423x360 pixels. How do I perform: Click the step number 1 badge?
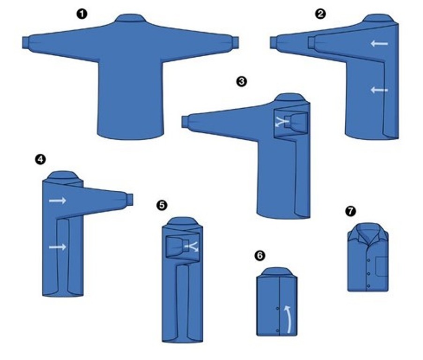[82, 14]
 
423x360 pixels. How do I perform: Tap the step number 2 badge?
[320, 14]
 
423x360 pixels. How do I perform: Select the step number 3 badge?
[241, 81]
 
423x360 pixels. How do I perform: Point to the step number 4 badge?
[40, 159]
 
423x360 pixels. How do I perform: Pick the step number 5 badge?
[162, 205]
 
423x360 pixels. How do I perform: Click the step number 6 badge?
[260, 255]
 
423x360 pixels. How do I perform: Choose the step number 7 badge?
[350, 211]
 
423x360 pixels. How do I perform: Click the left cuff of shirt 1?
[25, 43]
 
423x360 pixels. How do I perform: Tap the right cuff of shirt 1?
[235, 42]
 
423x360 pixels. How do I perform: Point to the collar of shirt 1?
[130, 18]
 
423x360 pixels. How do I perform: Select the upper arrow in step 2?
[379, 44]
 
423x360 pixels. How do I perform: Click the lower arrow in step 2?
[379, 90]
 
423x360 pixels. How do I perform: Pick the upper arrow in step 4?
[58, 201]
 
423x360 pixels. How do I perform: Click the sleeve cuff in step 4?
[129, 199]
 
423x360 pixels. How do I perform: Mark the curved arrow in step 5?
[192, 247]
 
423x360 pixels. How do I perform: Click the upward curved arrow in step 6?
[289, 319]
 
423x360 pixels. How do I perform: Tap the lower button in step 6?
[278, 330]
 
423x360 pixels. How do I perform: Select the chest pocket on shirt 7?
[381, 266]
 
